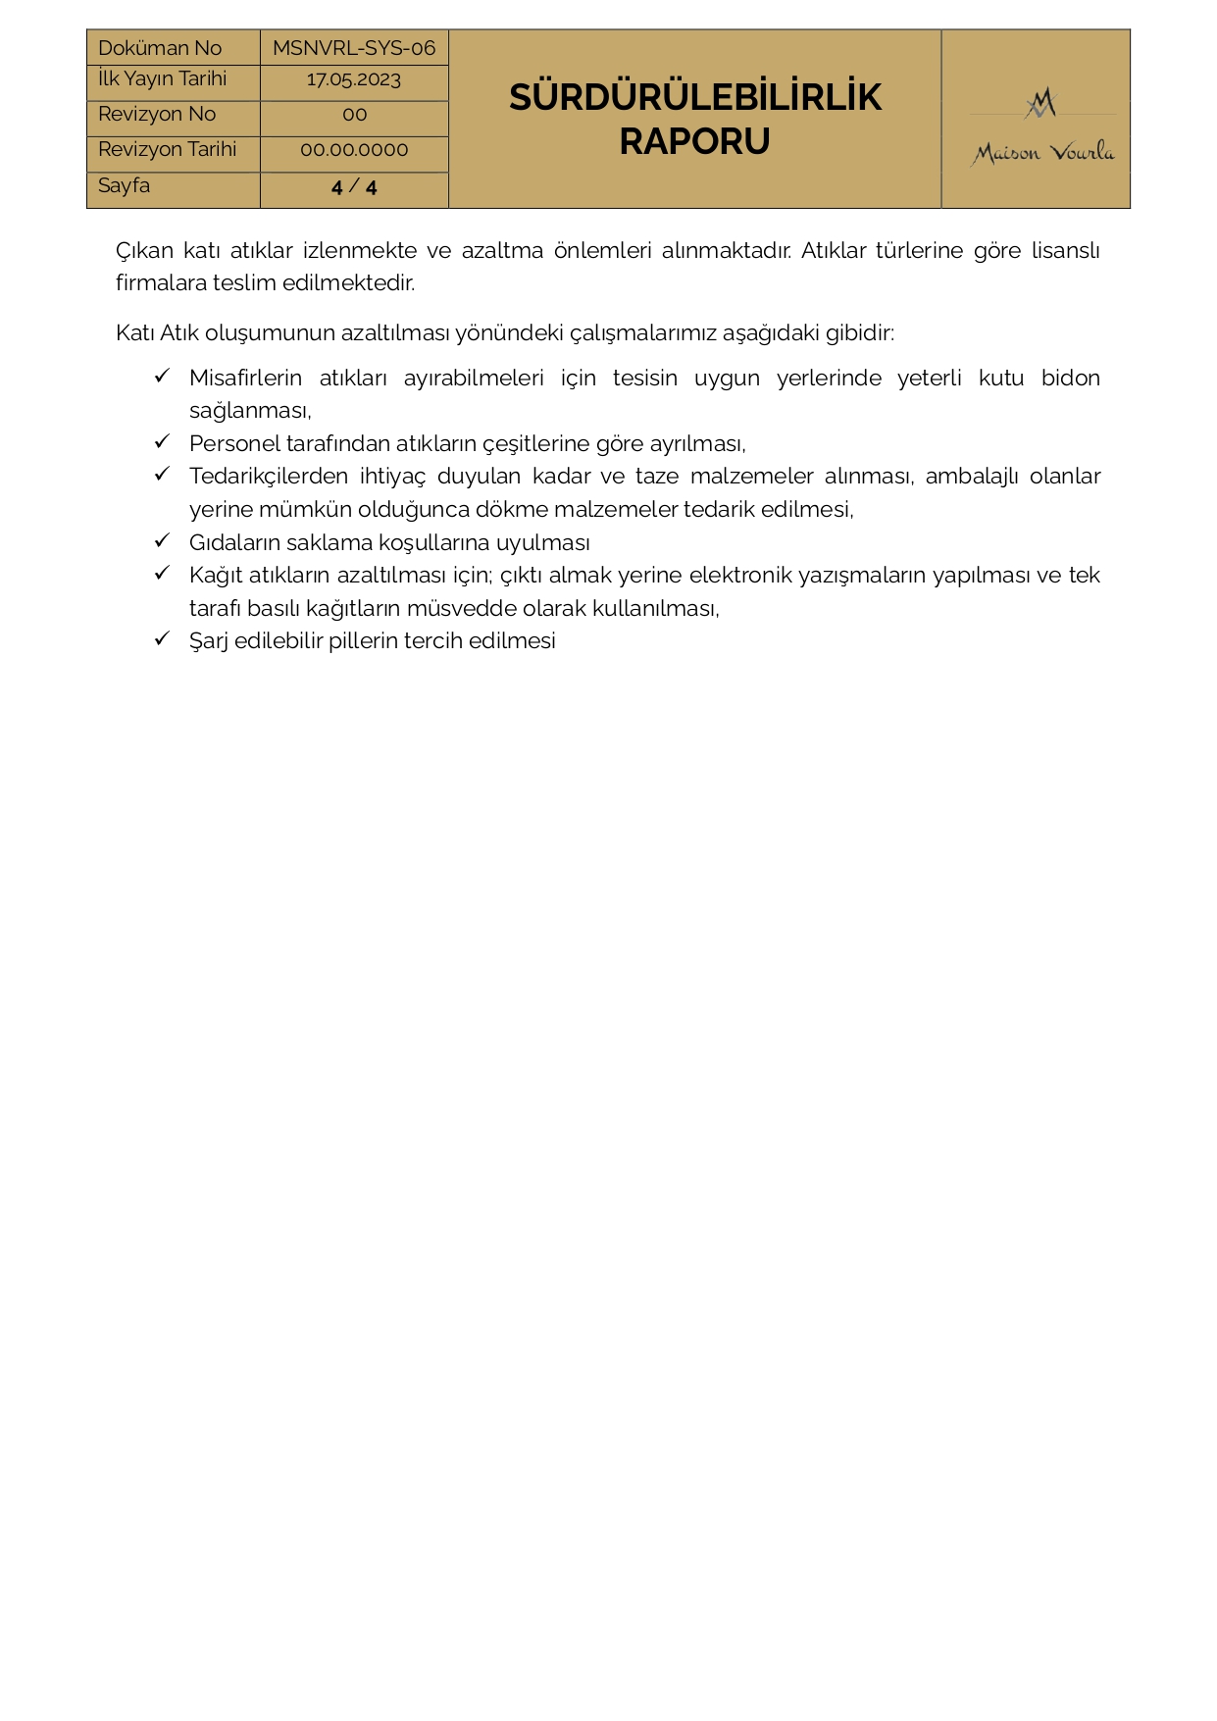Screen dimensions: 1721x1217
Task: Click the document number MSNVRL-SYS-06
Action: point(354,48)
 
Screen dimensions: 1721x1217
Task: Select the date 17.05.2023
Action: point(354,80)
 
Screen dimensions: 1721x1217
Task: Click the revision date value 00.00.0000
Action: point(354,150)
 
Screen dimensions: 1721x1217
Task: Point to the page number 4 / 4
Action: point(354,187)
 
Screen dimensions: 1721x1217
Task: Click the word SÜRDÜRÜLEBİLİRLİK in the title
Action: point(694,98)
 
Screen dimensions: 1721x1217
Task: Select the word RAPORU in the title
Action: point(694,142)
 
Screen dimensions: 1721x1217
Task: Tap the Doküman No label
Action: point(160,48)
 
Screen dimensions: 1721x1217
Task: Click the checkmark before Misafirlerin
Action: point(163,376)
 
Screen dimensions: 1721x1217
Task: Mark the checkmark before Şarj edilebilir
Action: point(163,639)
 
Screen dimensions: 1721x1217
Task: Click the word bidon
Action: point(1070,379)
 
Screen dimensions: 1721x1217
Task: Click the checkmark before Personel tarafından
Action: point(163,441)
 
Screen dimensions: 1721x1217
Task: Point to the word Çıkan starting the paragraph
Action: point(144,251)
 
